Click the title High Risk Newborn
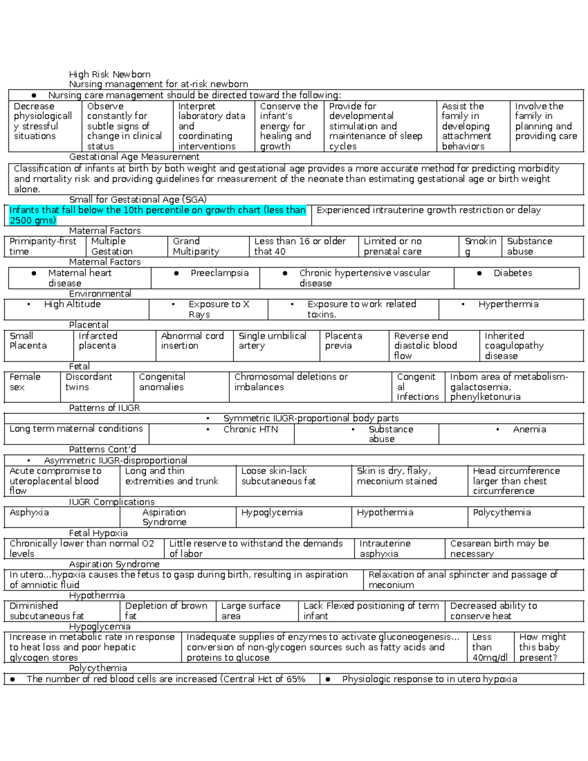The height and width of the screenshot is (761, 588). pos(109,74)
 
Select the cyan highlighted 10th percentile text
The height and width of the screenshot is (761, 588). pos(157,215)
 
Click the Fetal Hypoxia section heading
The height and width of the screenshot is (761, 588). pos(98,533)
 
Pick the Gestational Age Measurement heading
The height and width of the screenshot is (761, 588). pos(134,157)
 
